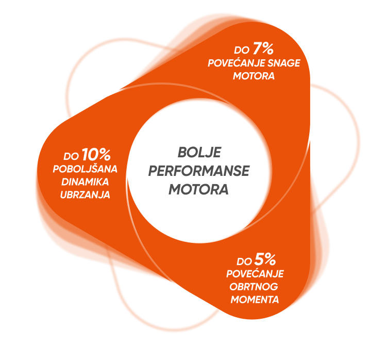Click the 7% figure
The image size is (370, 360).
tap(263, 50)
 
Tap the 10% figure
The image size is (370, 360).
tap(96, 154)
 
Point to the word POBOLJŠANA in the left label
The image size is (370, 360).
tap(86, 169)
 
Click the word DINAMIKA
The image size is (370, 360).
tap(86, 182)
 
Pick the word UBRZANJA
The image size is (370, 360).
tap(86, 195)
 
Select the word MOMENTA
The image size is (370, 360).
tap(255, 300)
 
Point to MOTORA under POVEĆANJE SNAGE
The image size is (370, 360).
tap(254, 76)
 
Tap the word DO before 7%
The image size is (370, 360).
tap(241, 51)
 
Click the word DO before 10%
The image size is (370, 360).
tap(71, 155)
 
